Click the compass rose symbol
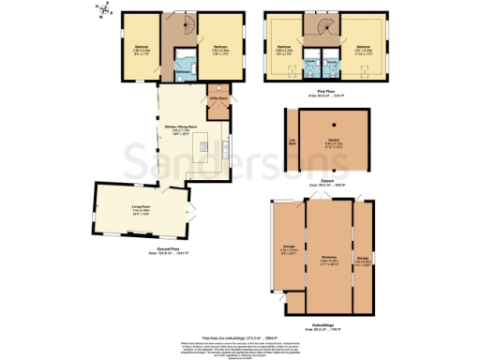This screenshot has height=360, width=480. [x=105, y=10]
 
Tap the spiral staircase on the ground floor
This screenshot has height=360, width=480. [x=176, y=24]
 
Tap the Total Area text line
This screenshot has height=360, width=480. [x=240, y=336]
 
